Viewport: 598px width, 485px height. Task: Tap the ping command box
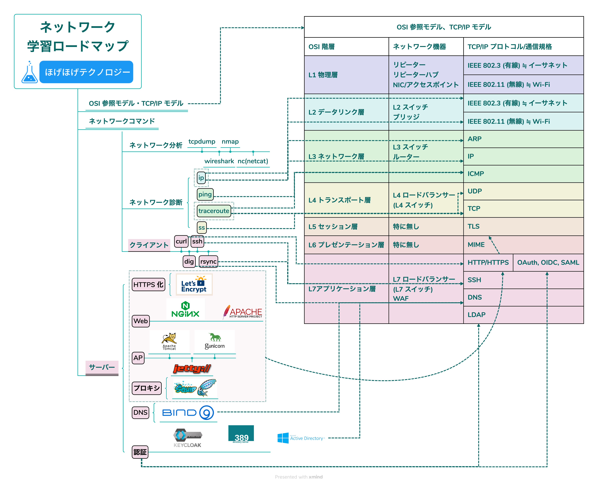[x=205, y=194]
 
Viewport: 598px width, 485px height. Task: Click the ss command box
[x=202, y=227]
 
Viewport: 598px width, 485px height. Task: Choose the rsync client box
[x=208, y=261]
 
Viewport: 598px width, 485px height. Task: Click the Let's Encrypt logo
[x=194, y=284]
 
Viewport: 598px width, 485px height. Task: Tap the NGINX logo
[x=185, y=309]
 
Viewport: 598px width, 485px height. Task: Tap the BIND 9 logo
[x=188, y=413]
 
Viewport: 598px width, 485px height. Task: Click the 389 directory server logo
[x=241, y=434]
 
